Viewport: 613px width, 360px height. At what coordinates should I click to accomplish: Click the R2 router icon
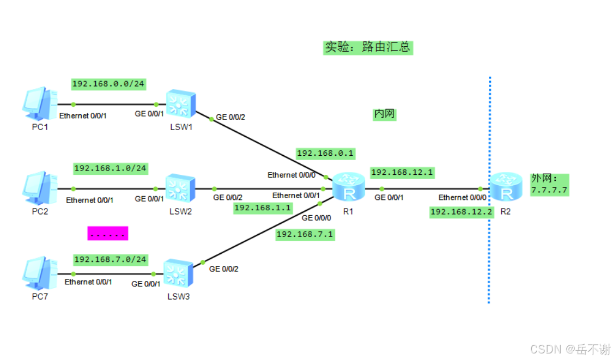click(x=505, y=188)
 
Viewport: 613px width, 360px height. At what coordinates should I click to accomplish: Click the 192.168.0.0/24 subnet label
click(x=108, y=84)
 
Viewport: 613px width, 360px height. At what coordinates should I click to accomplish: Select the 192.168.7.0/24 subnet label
click(x=110, y=259)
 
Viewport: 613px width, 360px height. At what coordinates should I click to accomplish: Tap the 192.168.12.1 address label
click(x=402, y=172)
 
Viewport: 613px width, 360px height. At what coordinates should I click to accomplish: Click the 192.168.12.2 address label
click(x=462, y=212)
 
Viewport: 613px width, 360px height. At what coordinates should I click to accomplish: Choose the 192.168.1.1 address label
click(x=263, y=208)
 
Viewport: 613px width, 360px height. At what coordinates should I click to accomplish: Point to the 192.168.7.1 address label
click(x=305, y=234)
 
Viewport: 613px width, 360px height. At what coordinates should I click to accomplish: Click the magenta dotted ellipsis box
click(x=108, y=234)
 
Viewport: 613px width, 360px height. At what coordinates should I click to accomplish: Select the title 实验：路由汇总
click(x=367, y=47)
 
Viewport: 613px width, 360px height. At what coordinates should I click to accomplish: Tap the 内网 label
click(x=384, y=114)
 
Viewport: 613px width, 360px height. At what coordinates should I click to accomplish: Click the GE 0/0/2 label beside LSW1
click(x=231, y=117)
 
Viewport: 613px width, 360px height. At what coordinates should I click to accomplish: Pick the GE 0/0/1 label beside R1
click(x=389, y=198)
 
